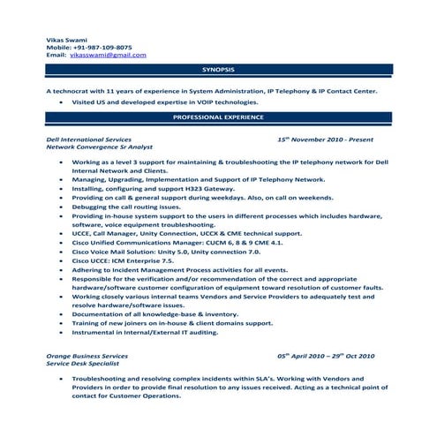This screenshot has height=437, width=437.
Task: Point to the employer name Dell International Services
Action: click(x=89, y=139)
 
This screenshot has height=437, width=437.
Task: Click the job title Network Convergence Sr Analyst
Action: click(x=99, y=147)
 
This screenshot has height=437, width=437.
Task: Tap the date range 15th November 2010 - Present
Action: click(x=325, y=139)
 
